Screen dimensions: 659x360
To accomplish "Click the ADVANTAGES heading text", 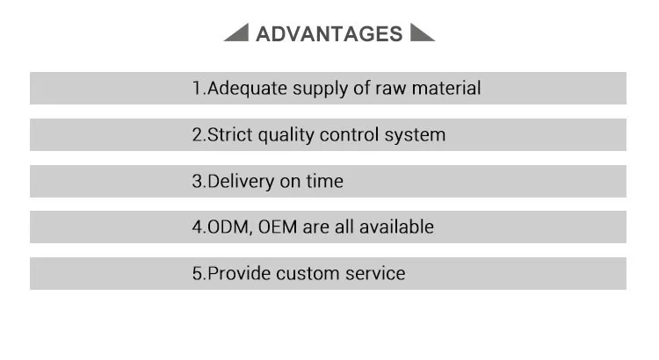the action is point(329,34).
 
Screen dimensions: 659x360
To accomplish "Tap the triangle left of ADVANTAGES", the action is point(239,34).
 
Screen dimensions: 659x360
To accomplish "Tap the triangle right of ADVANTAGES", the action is point(421,34).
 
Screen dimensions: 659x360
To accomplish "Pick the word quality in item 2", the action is point(284,135).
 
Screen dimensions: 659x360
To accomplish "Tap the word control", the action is point(351,134).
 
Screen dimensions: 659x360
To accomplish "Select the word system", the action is point(416,135).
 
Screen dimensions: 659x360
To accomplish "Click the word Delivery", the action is point(241,181).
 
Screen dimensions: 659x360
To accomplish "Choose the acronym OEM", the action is point(279,227).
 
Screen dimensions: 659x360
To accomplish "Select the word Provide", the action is point(239,273).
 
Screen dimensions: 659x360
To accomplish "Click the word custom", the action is point(308,273).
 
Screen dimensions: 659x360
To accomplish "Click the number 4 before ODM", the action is point(197,227).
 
